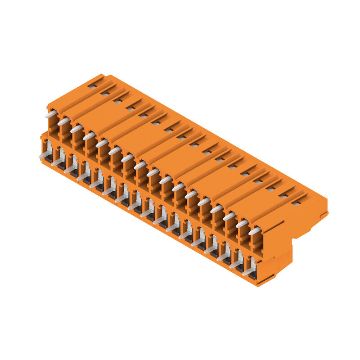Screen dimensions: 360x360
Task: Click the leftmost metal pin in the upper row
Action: point(50,114)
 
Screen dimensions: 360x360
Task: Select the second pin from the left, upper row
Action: point(63,121)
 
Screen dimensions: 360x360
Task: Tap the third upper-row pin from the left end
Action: point(76,129)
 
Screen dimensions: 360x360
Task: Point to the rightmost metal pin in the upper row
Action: point(255,231)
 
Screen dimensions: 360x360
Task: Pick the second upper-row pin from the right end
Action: point(242,224)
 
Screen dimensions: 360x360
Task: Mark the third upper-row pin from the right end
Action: point(229,216)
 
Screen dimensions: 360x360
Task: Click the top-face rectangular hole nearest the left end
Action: point(92,86)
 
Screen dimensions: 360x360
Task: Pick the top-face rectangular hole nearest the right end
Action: point(296,203)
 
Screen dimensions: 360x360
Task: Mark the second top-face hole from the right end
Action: point(283,196)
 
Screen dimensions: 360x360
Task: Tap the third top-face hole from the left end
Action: point(118,101)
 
